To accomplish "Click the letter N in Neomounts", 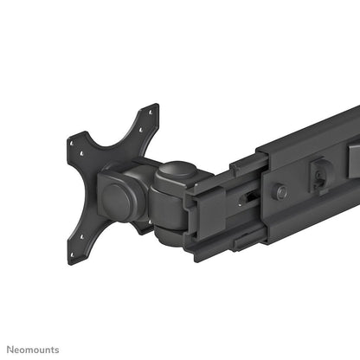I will coord(10,350).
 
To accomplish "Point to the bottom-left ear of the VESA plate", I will coord(76,251).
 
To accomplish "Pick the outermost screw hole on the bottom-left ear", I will coord(73,259).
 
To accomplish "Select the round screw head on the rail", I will coord(280,191).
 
